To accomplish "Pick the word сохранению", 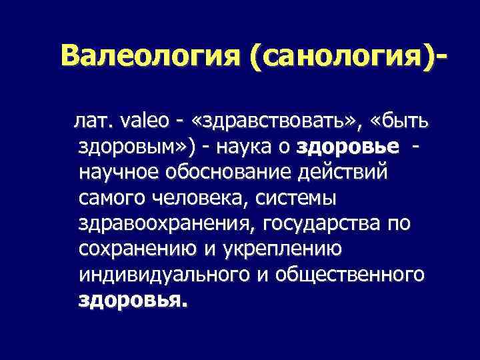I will [x=129, y=249].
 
